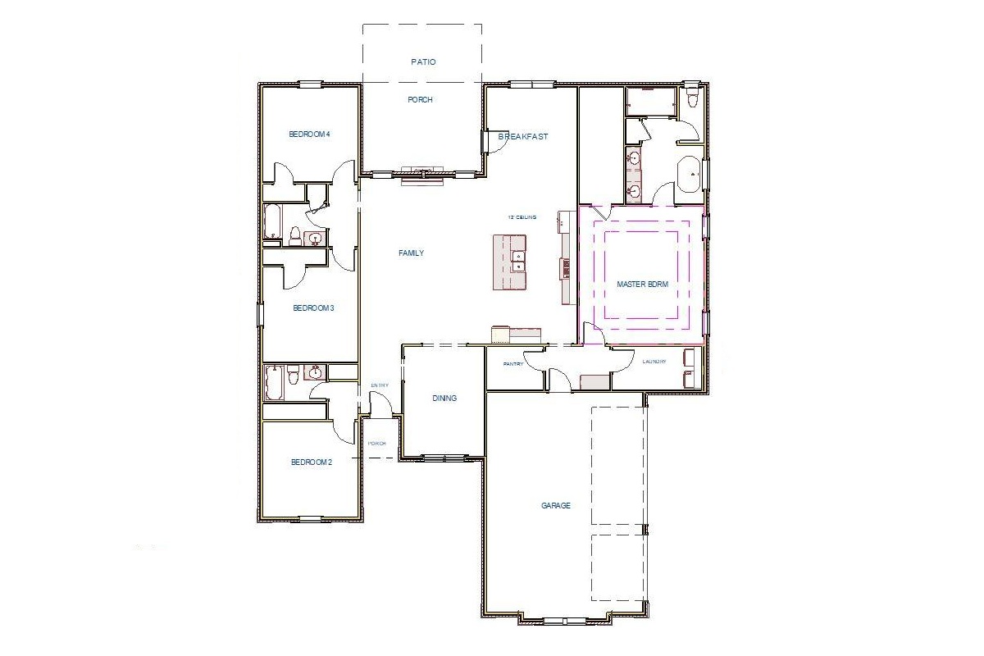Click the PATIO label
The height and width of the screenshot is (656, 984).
click(x=423, y=61)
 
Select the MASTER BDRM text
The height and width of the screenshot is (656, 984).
click(x=643, y=284)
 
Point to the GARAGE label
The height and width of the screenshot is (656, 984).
click(x=555, y=505)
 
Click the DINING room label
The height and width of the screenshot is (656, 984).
click(x=444, y=398)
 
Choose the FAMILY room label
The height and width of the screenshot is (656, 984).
click(x=411, y=253)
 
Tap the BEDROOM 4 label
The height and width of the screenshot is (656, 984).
click(x=309, y=134)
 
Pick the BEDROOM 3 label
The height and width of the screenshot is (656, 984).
click(x=313, y=308)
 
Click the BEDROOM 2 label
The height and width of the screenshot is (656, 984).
click(x=312, y=462)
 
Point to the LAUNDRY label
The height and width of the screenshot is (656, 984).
click(x=654, y=362)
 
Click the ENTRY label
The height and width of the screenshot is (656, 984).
click(x=380, y=385)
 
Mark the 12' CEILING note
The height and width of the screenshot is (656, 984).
click(x=522, y=216)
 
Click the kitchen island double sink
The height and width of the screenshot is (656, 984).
click(x=518, y=260)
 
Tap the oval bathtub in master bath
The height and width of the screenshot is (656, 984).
click(x=689, y=174)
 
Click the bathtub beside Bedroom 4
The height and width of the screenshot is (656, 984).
click(x=273, y=221)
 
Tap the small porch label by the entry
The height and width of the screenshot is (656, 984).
click(x=376, y=443)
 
